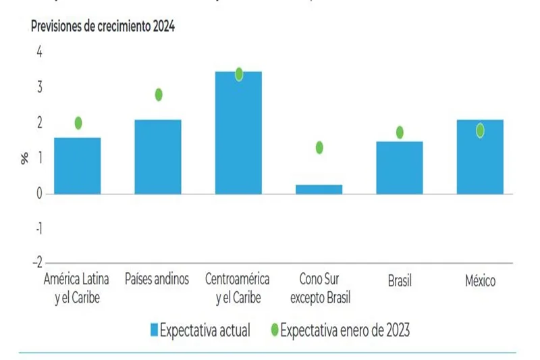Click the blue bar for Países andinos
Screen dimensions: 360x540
[x=158, y=157]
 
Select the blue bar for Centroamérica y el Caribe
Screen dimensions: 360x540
[x=238, y=133]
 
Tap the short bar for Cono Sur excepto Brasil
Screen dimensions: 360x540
[x=319, y=189]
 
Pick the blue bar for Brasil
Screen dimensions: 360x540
[x=400, y=168]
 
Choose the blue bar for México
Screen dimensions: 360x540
[x=480, y=157]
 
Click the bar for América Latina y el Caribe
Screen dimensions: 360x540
[x=78, y=165]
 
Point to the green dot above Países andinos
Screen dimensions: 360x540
[x=159, y=95]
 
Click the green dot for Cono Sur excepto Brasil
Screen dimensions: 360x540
[x=319, y=147]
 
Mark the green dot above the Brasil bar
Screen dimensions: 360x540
[x=400, y=132]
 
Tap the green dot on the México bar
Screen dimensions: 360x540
[x=480, y=130]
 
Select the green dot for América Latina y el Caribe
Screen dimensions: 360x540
[x=78, y=123]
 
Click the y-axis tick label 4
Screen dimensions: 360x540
[x=38, y=52]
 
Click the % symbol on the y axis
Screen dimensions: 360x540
[x=25, y=159]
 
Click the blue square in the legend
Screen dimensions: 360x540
[x=152, y=330]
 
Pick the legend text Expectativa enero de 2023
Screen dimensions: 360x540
[x=344, y=330]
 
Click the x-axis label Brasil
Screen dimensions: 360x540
[x=400, y=280]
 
